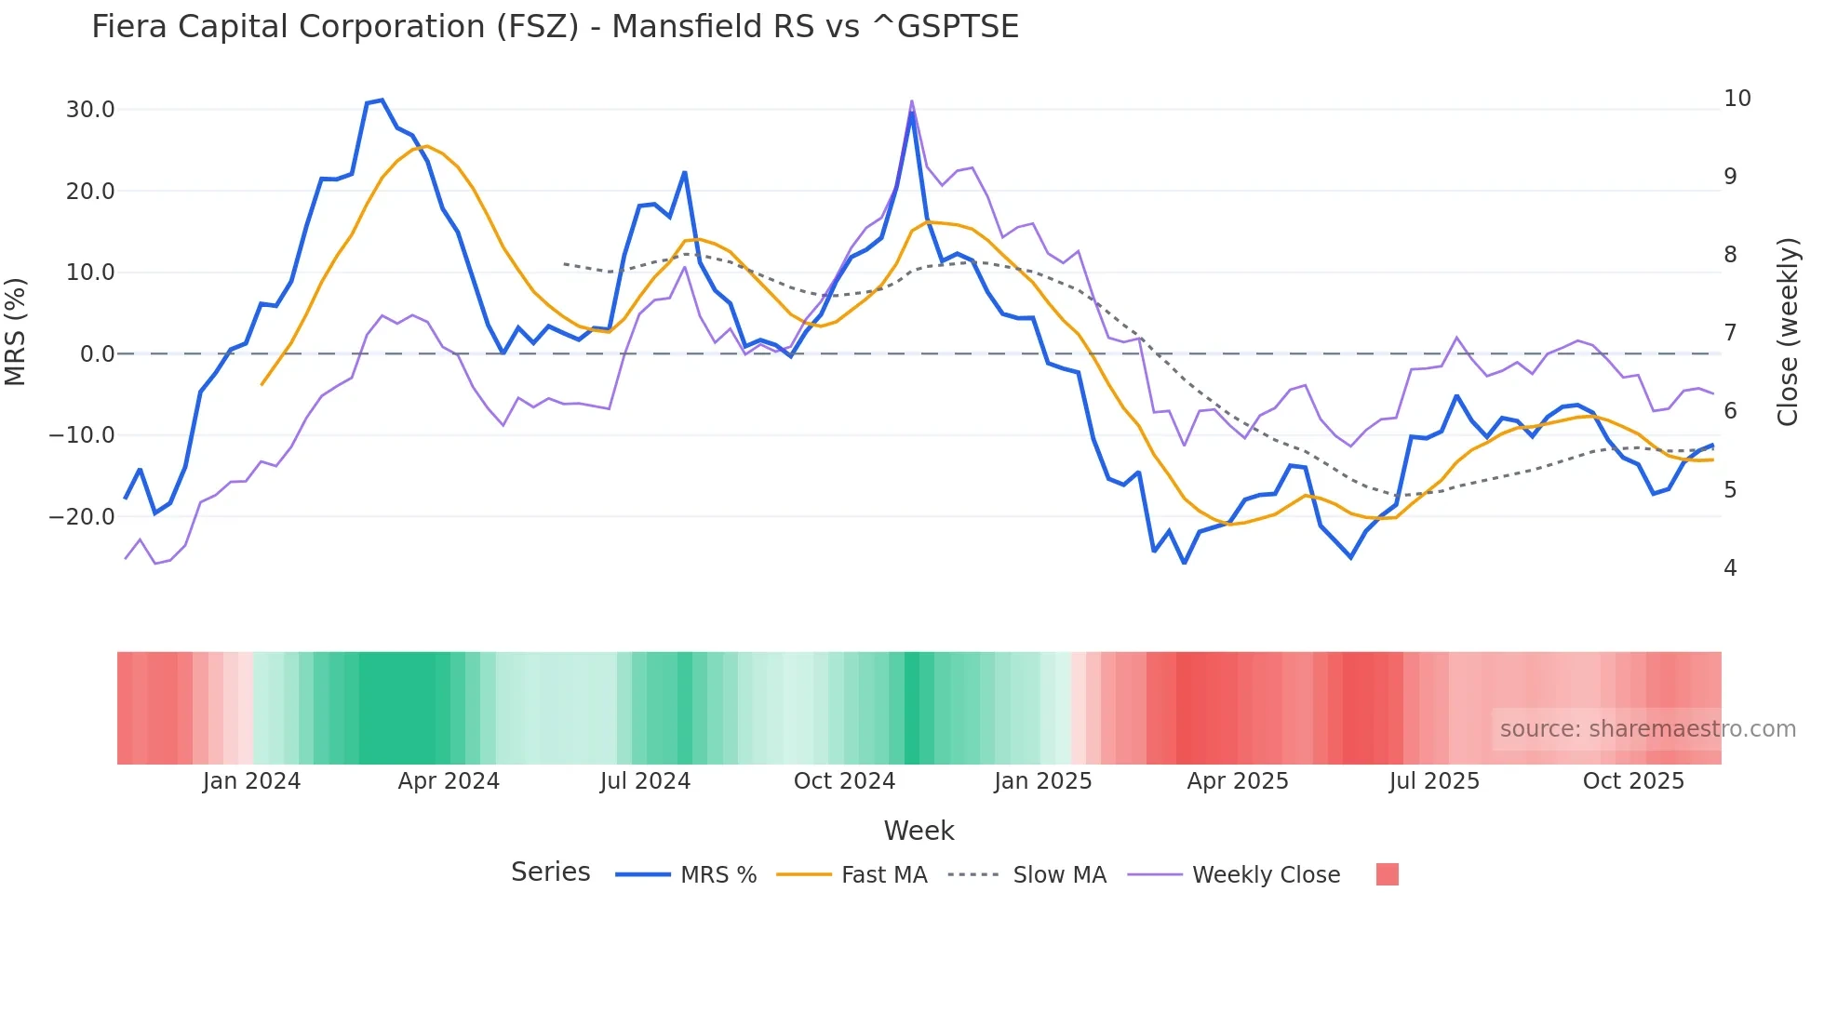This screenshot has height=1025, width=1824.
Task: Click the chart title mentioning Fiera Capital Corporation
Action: coord(555,27)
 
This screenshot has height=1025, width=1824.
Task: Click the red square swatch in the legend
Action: coord(1387,874)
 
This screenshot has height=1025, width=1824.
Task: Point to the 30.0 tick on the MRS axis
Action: coord(90,110)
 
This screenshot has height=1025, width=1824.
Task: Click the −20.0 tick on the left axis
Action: coord(83,517)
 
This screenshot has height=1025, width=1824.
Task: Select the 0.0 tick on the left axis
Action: coord(97,354)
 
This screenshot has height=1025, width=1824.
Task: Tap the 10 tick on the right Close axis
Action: coord(1737,99)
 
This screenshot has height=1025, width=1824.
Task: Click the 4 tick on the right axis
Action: coord(1730,568)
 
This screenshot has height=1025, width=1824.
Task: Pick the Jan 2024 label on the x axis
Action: coord(251,781)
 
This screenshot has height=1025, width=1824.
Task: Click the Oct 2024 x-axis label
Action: coord(844,781)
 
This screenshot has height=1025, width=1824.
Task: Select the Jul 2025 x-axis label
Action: coord(1434,781)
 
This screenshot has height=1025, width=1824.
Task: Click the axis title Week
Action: coord(919,831)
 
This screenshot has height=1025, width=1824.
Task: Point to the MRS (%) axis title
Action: coord(16,331)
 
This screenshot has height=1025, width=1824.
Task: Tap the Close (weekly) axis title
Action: coord(1788,332)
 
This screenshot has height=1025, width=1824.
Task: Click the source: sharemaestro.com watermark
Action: coord(1647,729)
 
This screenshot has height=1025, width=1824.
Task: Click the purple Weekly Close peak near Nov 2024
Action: coord(911,101)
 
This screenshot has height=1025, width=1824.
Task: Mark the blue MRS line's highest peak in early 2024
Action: coord(382,100)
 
